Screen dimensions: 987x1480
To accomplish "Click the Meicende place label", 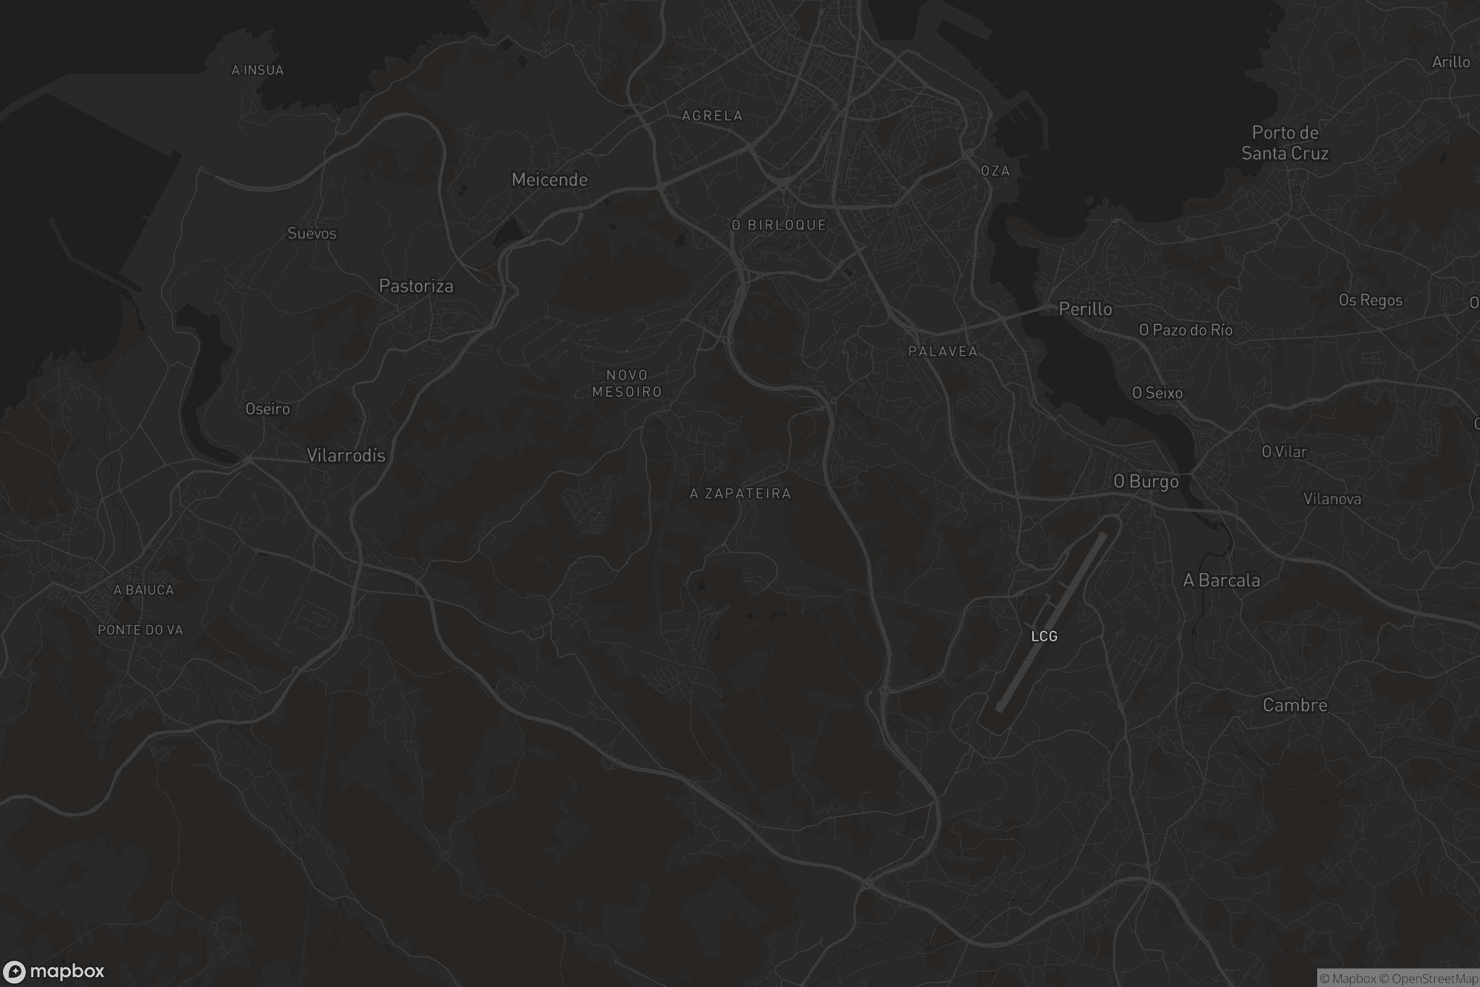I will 549,180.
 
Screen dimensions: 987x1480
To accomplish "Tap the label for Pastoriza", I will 416,286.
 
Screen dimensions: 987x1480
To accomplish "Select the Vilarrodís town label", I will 345,456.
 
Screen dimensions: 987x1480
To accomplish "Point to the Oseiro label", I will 268,409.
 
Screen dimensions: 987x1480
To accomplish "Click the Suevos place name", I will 311,234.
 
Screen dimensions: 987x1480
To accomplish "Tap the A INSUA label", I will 257,70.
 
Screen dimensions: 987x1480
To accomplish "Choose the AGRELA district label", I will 712,116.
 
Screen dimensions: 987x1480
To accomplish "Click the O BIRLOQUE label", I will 779,225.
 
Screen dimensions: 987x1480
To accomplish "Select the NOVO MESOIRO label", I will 627,383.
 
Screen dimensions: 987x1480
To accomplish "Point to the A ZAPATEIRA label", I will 740,494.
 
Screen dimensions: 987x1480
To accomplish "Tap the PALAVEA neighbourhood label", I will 943,352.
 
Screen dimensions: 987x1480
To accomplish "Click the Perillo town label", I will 1085,309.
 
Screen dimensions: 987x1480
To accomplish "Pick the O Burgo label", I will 1145,482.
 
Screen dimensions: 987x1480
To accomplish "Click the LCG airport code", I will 1044,637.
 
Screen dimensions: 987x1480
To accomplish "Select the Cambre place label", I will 1294,706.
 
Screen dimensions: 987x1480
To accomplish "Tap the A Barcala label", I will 1222,580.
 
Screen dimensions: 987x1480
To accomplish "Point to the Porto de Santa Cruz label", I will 1285,143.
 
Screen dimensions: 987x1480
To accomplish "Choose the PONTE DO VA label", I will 141,630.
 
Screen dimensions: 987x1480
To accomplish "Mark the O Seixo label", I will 1157,394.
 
